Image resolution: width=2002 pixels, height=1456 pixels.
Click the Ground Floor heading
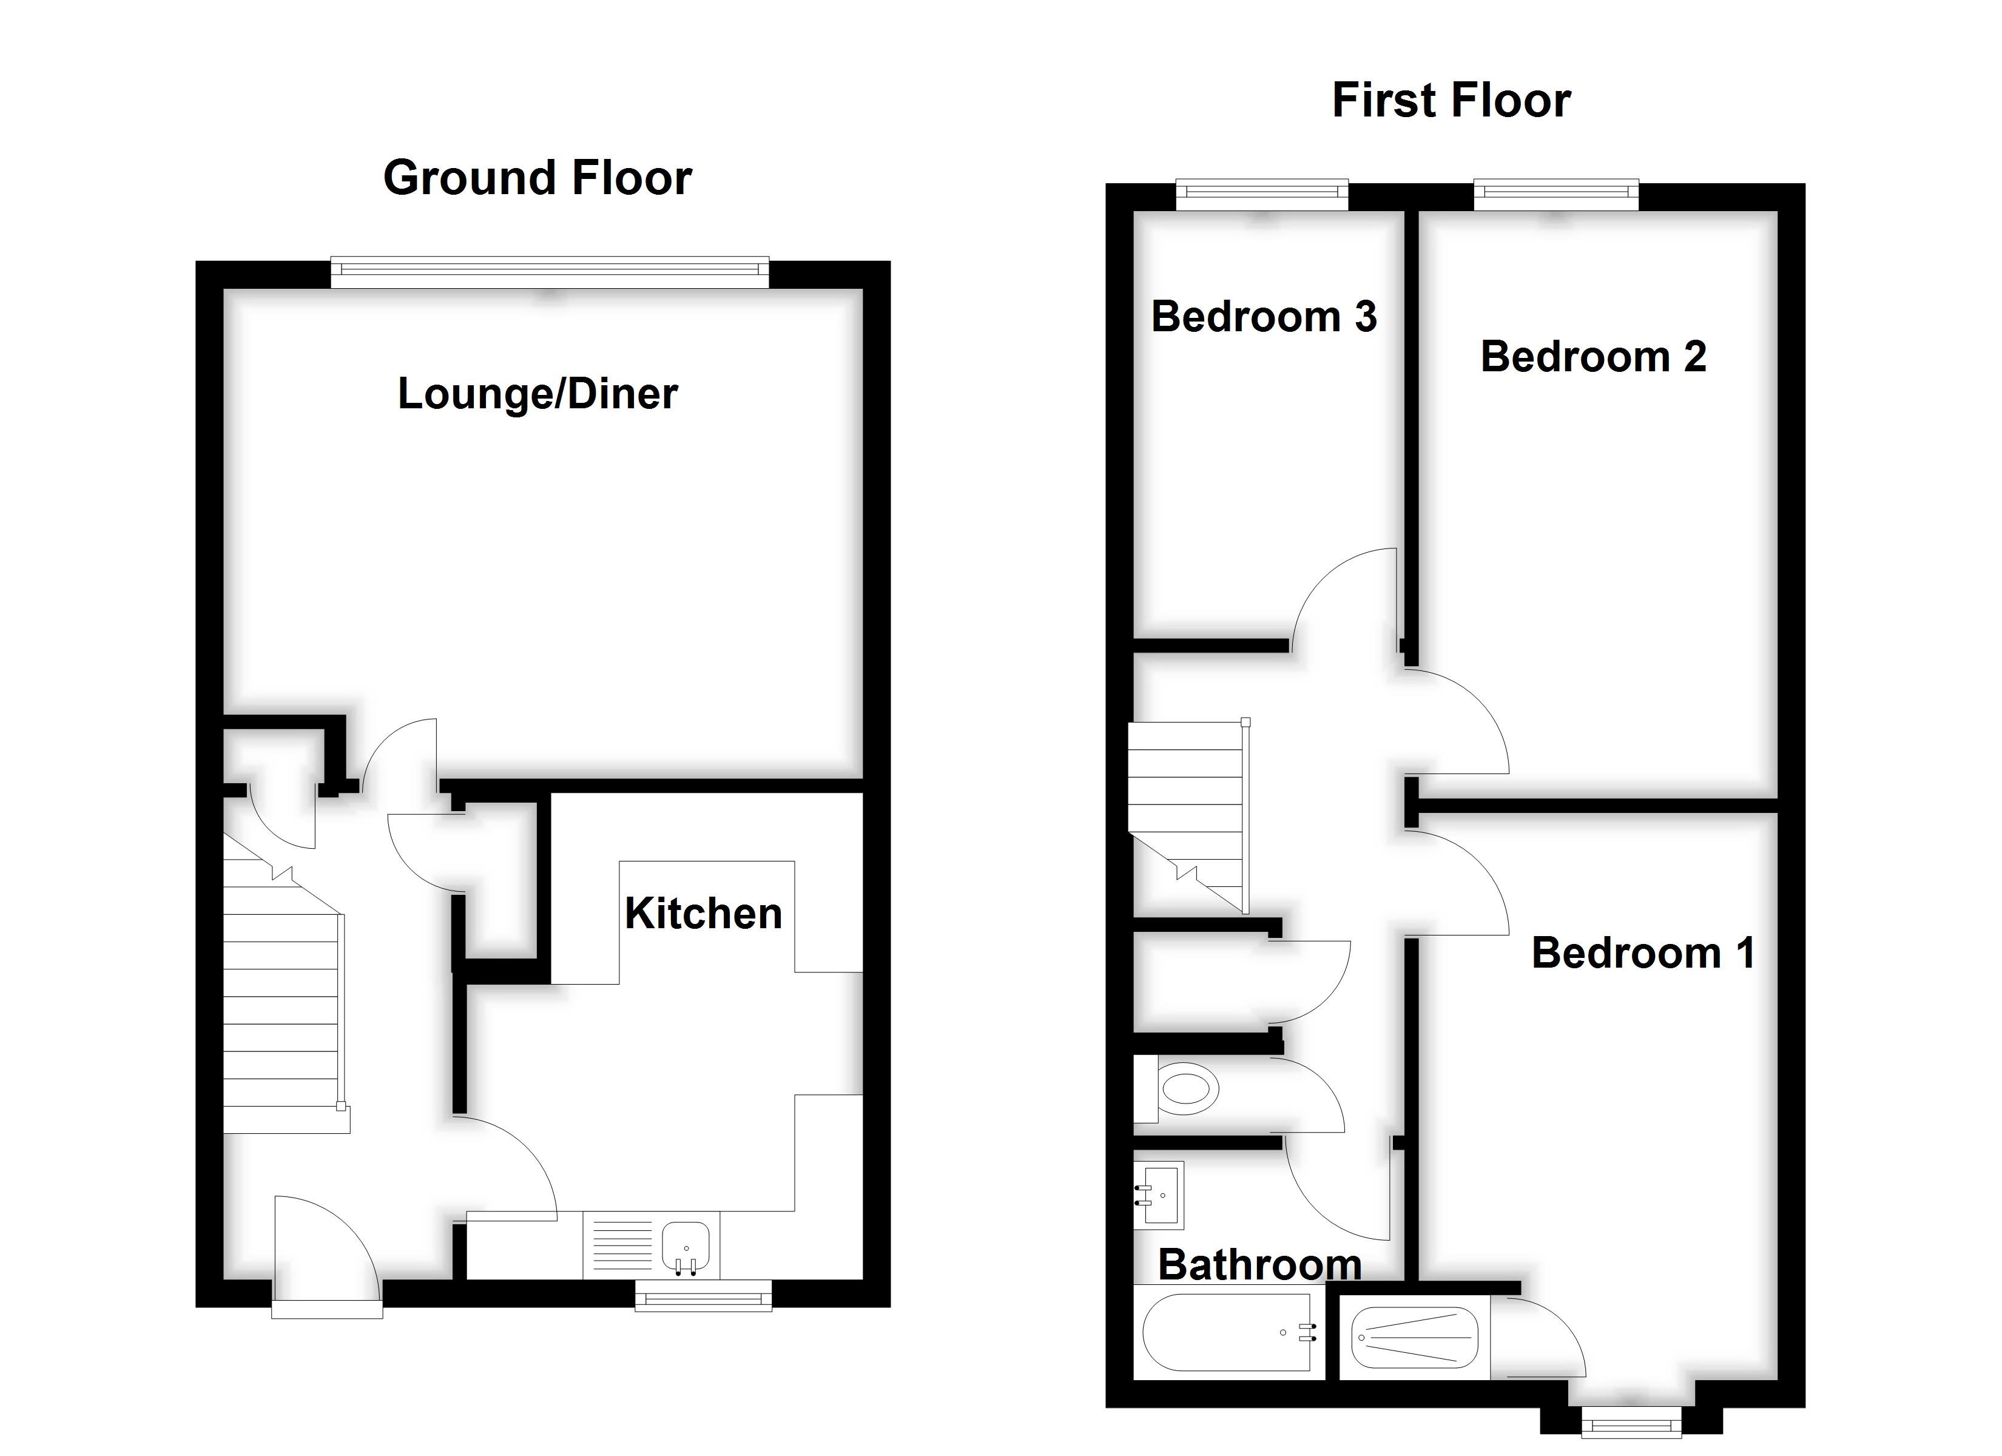pos(538,178)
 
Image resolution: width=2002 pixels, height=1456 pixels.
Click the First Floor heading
pos(1451,99)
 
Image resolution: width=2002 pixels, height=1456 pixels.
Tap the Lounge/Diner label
pos(538,394)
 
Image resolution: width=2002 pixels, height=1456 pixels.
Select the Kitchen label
pos(704,913)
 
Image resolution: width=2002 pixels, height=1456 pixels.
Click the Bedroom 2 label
pos(1592,357)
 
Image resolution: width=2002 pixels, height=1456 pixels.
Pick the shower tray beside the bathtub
pos(1413,1338)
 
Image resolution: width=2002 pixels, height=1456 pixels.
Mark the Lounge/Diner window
pos(550,272)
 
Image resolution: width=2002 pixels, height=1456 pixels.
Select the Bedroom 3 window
pos(1262,194)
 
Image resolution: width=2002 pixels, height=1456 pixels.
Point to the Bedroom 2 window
pos(1556,194)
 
